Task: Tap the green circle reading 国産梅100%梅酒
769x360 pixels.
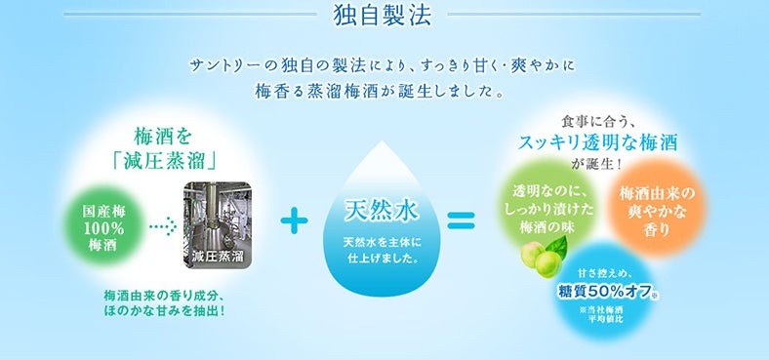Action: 101,227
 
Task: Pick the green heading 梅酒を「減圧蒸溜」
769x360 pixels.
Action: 174,142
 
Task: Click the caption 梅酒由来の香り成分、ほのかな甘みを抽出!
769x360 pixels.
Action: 165,302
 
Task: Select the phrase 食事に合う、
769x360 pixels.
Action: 598,121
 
